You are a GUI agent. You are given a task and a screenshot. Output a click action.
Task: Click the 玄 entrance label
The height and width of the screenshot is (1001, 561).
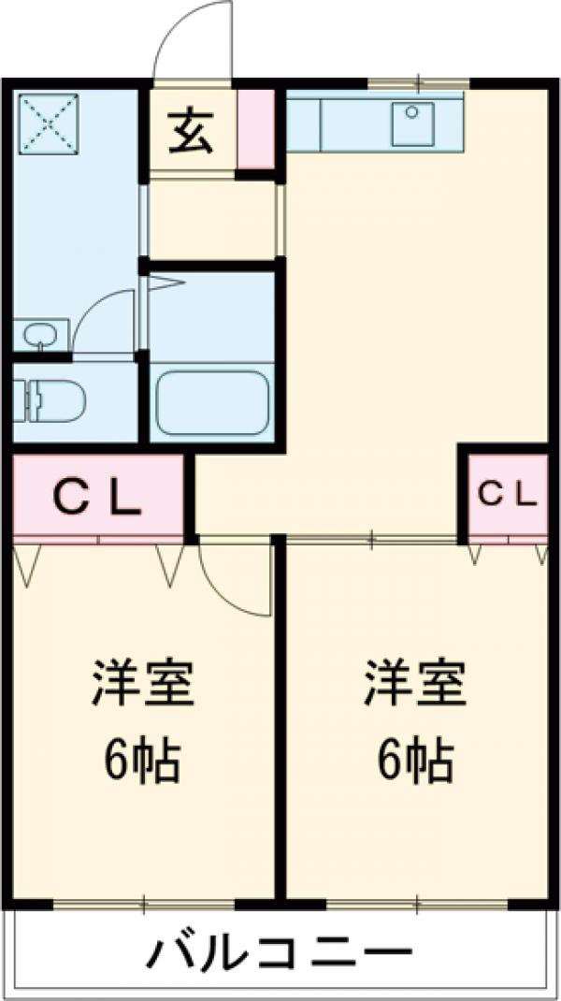pyautogui.click(x=191, y=132)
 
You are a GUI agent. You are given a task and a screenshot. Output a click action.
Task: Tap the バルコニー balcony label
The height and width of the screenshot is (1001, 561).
pyautogui.click(x=280, y=956)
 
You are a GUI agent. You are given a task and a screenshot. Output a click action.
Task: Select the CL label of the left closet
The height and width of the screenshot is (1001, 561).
pyautogui.click(x=97, y=497)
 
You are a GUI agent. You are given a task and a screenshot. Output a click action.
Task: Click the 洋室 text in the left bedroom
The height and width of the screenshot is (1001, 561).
pyautogui.click(x=142, y=685)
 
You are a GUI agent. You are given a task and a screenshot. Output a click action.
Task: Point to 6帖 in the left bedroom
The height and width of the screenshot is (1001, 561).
pyautogui.click(x=142, y=762)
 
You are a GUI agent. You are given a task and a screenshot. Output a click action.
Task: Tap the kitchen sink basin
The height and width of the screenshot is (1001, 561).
pyautogui.click(x=411, y=125)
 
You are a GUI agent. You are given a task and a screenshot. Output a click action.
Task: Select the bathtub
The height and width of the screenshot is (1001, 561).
pyautogui.click(x=212, y=402)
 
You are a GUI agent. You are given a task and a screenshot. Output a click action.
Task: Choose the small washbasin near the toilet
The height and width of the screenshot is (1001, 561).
pyautogui.click(x=39, y=333)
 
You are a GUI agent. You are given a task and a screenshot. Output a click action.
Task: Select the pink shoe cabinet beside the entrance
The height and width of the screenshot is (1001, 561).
pyautogui.click(x=256, y=130)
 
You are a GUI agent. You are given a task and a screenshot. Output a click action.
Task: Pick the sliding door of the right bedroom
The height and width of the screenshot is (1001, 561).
pyautogui.click(x=371, y=539)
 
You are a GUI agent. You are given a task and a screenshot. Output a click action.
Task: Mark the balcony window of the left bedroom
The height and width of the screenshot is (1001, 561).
pyautogui.click(x=144, y=904)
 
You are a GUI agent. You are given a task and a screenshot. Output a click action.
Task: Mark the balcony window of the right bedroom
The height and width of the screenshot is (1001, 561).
pyautogui.click(x=417, y=904)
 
